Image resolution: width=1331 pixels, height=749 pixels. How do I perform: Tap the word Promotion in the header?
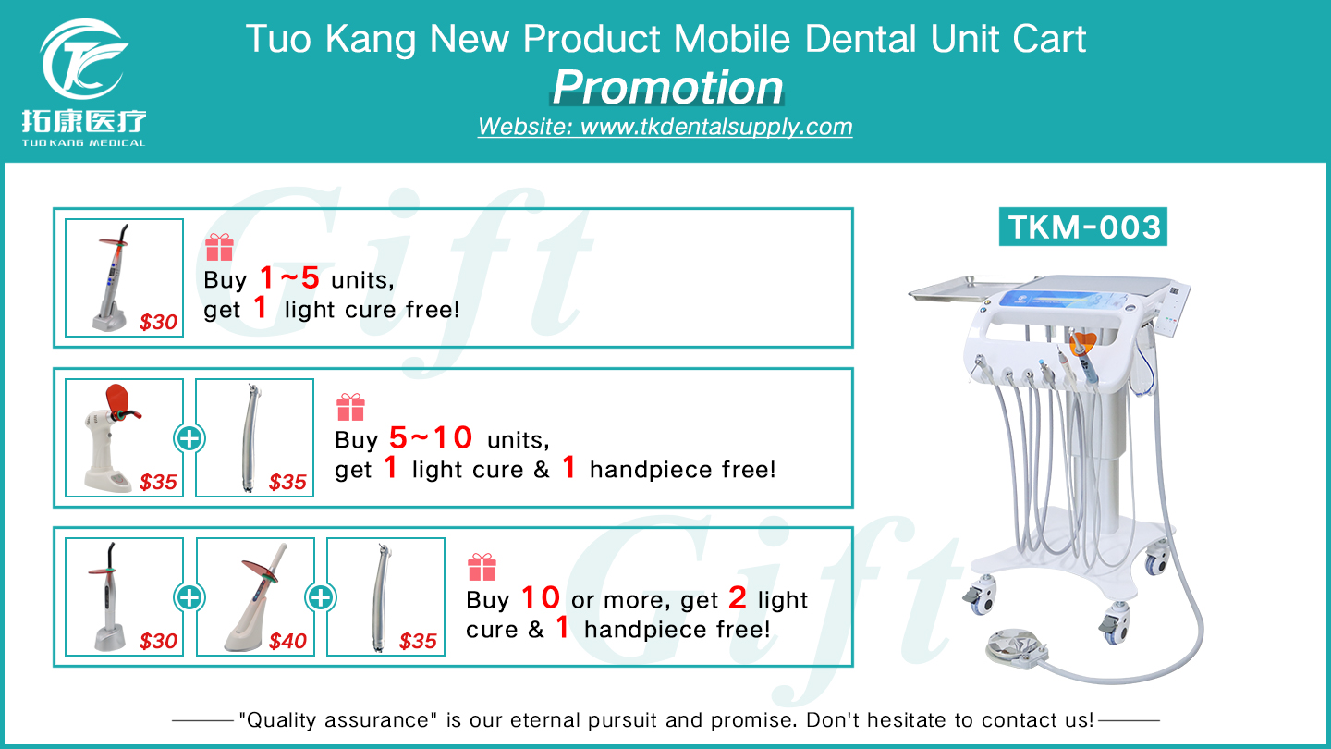tap(667, 87)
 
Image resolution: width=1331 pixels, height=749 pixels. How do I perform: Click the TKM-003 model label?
tap(1083, 227)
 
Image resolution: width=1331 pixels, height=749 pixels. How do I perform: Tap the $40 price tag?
tap(287, 641)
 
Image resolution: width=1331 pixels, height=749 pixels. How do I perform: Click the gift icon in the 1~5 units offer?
tap(219, 247)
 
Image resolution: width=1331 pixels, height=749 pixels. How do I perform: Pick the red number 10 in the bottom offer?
tap(541, 598)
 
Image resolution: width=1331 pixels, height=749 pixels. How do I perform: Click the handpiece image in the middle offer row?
tap(254, 437)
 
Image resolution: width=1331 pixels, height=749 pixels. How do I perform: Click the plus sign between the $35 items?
tap(189, 438)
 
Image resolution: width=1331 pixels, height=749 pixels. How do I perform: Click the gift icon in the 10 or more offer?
tap(482, 567)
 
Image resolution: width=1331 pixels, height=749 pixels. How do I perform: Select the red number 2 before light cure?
tap(737, 598)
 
